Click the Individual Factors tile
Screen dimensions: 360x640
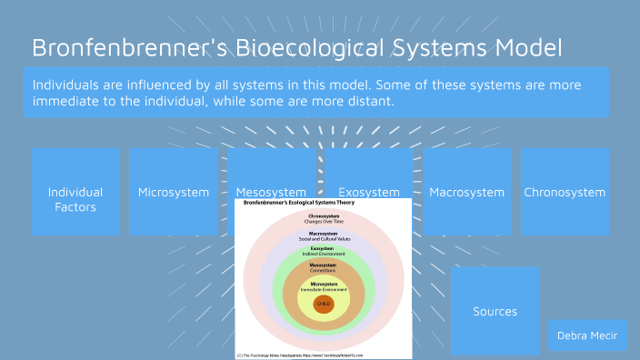click(x=75, y=199)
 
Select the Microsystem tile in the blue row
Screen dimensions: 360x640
click(x=174, y=193)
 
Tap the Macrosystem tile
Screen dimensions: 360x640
click(x=466, y=193)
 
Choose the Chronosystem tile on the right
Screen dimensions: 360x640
click(x=565, y=193)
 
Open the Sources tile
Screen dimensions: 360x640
click(x=495, y=312)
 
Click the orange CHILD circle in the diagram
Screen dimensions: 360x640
click(x=324, y=305)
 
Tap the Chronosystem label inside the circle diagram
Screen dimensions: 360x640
click(x=324, y=216)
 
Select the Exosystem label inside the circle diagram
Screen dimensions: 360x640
click(x=324, y=248)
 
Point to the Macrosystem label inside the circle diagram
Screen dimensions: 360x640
click(x=324, y=233)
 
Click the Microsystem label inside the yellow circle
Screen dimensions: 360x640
click(x=324, y=284)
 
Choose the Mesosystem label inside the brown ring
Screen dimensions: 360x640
click(x=324, y=265)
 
